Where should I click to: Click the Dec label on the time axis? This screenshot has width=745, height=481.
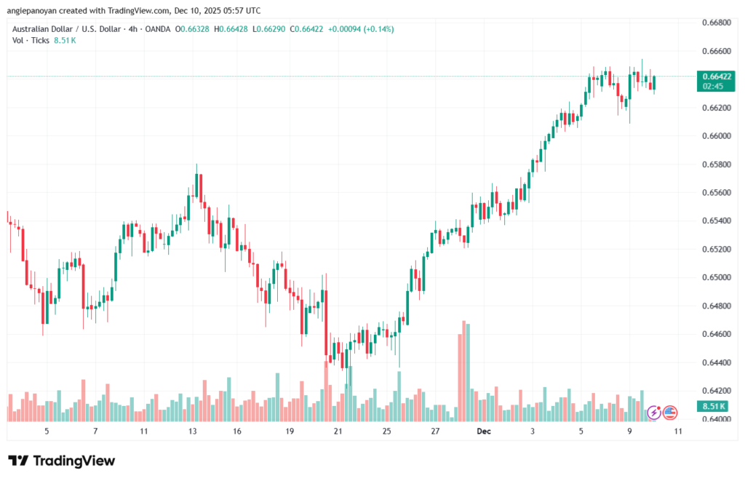click(484, 432)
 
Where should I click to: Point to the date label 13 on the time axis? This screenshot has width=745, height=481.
click(193, 432)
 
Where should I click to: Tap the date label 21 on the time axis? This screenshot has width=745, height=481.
click(338, 432)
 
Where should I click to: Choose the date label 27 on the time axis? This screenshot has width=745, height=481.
click(435, 432)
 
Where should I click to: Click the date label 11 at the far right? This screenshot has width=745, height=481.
click(677, 432)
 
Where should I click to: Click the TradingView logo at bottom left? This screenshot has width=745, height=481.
click(61, 461)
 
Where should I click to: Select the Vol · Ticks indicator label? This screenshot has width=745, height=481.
click(29, 40)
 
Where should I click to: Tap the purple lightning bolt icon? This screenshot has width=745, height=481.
click(653, 413)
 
